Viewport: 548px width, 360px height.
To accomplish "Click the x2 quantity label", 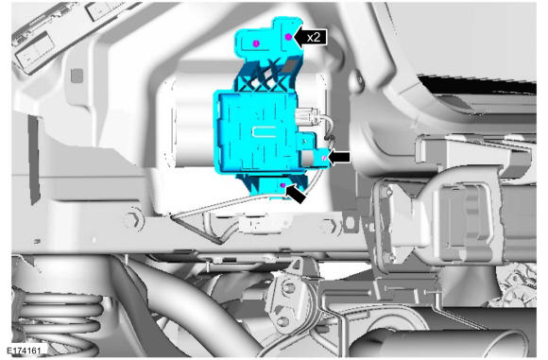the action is point(314,37).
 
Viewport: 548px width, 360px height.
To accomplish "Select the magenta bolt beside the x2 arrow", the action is point(289,37).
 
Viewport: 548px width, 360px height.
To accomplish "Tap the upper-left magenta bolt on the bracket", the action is point(256,43).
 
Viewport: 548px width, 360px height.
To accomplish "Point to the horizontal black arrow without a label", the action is point(339,157).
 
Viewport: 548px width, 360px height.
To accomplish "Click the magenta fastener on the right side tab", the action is point(324,159).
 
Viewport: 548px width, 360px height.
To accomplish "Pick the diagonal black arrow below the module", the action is point(296,194).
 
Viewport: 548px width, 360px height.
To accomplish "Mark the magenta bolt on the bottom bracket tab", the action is point(283,185).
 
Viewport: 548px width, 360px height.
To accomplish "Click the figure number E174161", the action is point(23,350).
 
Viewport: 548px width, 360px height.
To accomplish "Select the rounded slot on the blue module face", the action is point(265,131).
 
